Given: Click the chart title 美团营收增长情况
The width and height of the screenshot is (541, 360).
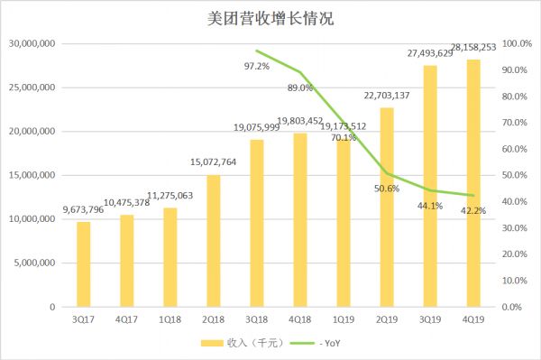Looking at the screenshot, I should click(x=270, y=17).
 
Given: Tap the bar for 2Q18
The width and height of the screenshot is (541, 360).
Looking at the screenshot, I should click(x=214, y=241).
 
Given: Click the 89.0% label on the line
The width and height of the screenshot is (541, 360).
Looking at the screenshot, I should click(x=300, y=88).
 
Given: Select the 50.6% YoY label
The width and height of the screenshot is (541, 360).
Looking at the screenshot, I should click(x=388, y=188).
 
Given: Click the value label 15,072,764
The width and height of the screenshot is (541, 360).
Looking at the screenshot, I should click(x=214, y=162).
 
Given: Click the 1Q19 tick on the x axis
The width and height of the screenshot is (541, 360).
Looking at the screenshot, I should click(x=344, y=319).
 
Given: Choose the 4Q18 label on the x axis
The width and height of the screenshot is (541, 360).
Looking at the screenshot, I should click(x=300, y=319).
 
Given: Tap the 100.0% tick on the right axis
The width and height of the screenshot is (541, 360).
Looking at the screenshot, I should click(x=517, y=44).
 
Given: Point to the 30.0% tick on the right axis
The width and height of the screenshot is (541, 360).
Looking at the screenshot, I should click(x=517, y=228).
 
